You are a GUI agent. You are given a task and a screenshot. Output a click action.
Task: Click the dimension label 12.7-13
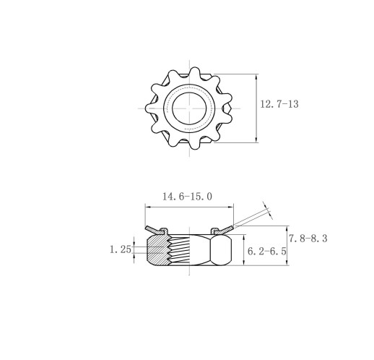pos(279,104)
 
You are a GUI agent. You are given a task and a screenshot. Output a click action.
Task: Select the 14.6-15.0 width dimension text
pos(188,197)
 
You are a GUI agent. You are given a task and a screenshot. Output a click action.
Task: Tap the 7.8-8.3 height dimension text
pos(308,239)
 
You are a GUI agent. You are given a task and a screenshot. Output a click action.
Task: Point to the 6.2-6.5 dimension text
pos(267,252)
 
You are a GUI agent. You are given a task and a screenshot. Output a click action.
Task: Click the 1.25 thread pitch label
pos(121,249)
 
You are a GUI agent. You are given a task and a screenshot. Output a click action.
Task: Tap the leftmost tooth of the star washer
pos(151,108)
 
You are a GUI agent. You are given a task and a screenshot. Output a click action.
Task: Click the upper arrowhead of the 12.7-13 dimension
pos(256,77)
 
